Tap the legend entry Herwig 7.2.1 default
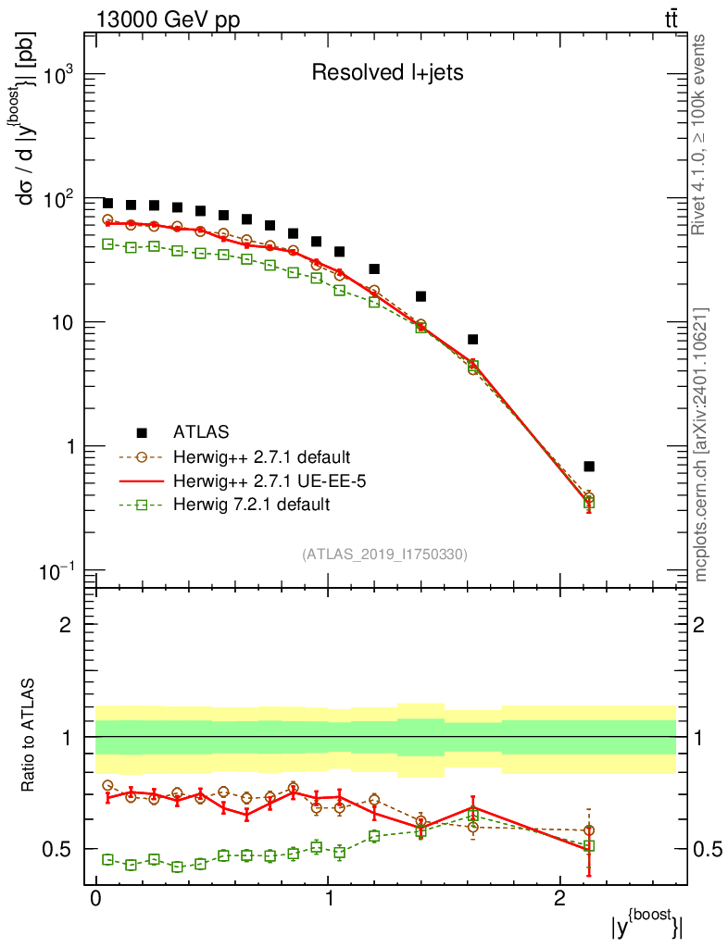(250, 505)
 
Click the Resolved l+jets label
(387, 73)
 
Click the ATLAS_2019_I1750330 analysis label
(384, 555)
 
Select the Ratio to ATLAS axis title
(31, 737)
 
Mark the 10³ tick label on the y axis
(56, 76)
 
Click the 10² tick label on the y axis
(56, 199)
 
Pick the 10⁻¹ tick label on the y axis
(55, 570)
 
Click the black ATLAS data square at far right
(589, 467)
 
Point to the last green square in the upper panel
(588, 504)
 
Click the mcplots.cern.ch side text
(701, 444)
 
